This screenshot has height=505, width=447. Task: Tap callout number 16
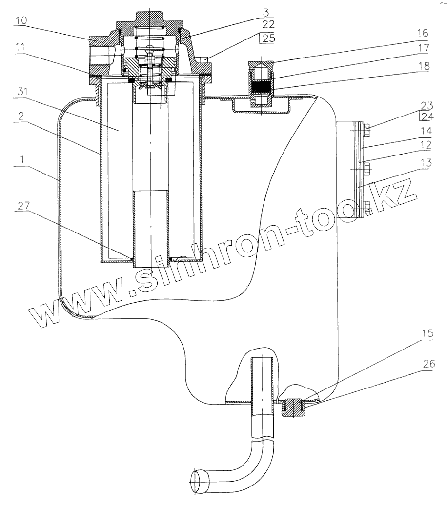click(423, 33)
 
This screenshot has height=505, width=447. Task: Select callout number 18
click(423, 66)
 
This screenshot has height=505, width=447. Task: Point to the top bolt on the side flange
click(367, 129)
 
